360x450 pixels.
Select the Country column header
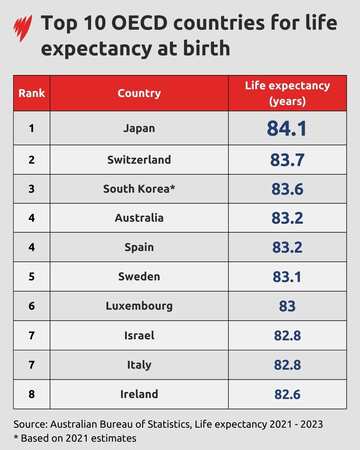pos(138,93)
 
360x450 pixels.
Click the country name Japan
pos(138,129)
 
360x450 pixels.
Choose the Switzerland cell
pos(138,159)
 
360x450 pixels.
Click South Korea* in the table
pos(138,188)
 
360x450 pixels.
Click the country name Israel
pos(138,334)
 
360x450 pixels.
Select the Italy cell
pos(138,363)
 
